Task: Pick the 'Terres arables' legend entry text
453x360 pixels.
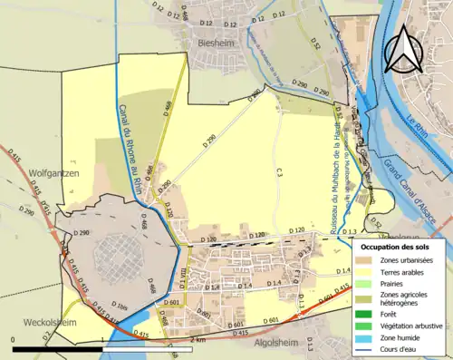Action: pos(408,271)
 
